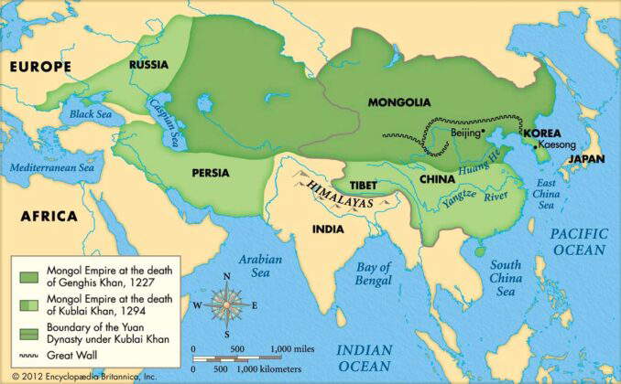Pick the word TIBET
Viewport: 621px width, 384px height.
point(364,184)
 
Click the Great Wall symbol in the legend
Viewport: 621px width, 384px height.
point(27,354)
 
